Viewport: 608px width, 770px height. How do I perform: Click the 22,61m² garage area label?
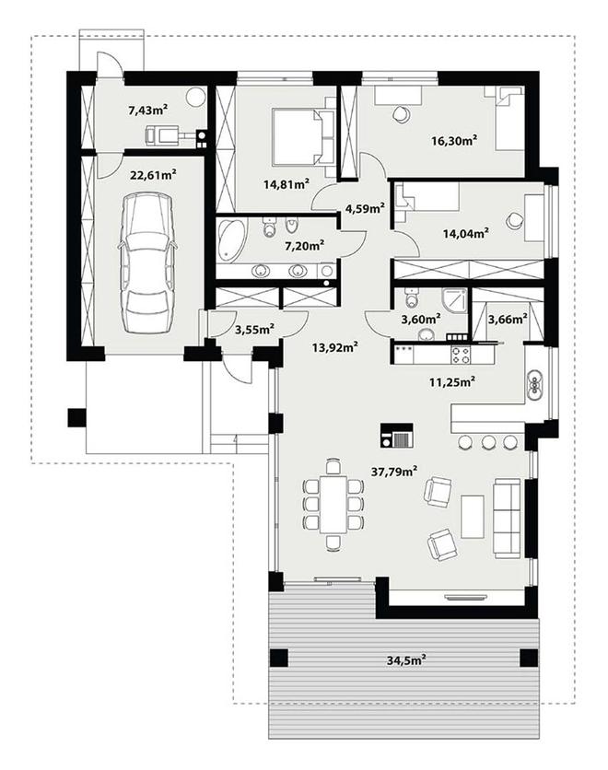click(x=153, y=174)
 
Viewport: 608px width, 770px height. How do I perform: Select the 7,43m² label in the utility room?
click(x=148, y=110)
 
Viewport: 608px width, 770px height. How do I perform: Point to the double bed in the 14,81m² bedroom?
click(x=298, y=137)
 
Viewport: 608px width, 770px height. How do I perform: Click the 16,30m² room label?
click(x=455, y=140)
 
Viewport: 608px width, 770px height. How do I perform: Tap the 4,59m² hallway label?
click(x=365, y=208)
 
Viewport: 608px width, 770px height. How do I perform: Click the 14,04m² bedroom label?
click(x=464, y=233)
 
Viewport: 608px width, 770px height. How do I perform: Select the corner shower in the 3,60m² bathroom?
click(x=455, y=300)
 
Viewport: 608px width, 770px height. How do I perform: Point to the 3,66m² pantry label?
click(x=508, y=320)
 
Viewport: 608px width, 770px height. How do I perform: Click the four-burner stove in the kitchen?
click(x=461, y=355)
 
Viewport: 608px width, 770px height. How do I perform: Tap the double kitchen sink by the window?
click(x=533, y=384)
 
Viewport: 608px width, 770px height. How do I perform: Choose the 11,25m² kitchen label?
click(x=451, y=381)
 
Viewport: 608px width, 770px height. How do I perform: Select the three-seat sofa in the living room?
click(x=507, y=518)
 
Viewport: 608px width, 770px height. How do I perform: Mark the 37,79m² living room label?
click(x=395, y=472)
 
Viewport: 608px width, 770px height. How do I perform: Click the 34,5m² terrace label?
click(x=405, y=660)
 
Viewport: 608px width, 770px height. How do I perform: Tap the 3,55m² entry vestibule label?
click(x=254, y=329)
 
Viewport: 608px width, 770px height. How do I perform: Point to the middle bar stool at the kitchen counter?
click(x=488, y=442)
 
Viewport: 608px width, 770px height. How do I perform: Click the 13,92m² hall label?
click(x=335, y=347)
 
